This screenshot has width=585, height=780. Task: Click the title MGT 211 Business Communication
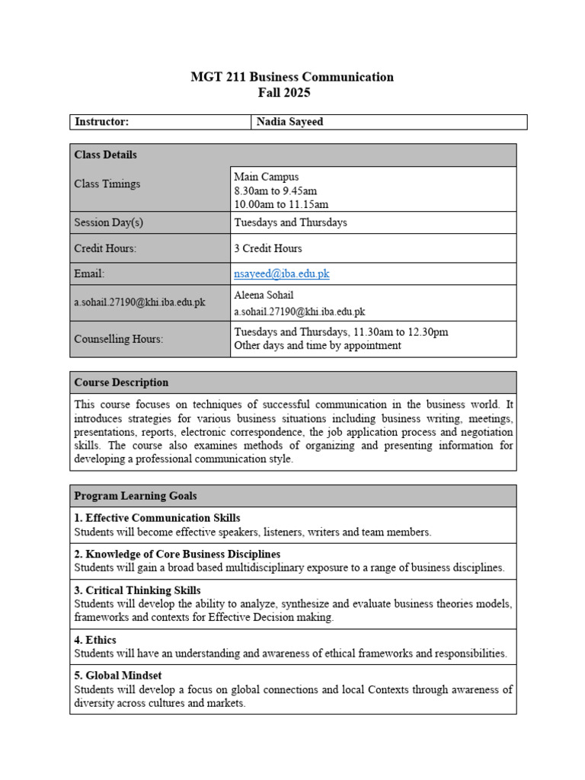click(x=292, y=77)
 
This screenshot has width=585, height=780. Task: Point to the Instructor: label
click(x=101, y=122)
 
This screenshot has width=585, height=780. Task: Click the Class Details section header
click(x=106, y=155)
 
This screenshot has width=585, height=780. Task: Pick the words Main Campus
click(x=267, y=177)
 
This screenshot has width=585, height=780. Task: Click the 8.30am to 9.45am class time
click(x=275, y=190)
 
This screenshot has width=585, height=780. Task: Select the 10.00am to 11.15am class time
click(x=281, y=204)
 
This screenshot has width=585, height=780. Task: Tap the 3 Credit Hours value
click(x=268, y=248)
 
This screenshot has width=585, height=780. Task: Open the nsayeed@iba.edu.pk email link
click(x=282, y=273)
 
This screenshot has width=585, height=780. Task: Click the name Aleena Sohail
click(x=264, y=295)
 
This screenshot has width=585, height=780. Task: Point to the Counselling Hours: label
click(x=118, y=339)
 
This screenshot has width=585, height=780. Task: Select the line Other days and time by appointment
click(x=318, y=345)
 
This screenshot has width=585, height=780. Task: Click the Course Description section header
click(x=121, y=382)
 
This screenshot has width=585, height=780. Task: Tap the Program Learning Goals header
click(x=136, y=496)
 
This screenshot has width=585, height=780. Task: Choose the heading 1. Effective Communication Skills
click(x=157, y=518)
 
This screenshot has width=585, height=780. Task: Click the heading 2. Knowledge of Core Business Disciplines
click(x=177, y=554)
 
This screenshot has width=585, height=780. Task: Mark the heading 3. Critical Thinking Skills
click(x=137, y=590)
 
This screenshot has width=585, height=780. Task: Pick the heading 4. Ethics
click(x=95, y=640)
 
